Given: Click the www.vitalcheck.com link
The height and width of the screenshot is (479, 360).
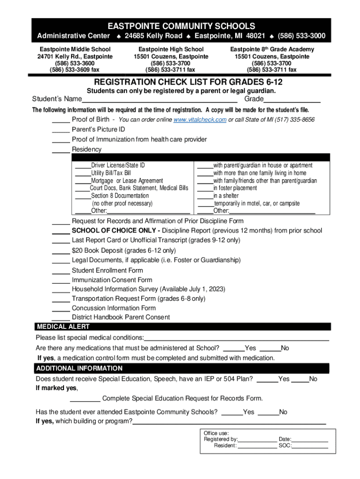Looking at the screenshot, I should pos(200,120).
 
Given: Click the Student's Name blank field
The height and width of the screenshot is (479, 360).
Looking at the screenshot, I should pos(159,100).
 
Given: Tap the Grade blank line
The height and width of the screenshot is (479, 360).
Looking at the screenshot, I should pos(292,100).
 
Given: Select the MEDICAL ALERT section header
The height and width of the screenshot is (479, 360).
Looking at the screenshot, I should pos(63,327).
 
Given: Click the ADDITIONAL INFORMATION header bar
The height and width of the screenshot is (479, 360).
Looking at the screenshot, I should pos(79,368).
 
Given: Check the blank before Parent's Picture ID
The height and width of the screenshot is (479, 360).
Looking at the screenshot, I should pos(61,130).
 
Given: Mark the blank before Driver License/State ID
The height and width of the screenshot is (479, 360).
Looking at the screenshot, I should pos(83,166).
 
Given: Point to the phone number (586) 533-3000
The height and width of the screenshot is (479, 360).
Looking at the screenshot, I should pos(302,36).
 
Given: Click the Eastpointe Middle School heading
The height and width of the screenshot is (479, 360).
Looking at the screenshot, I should pos(75,49).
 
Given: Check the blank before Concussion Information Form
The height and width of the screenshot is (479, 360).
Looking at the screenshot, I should pos(61,309).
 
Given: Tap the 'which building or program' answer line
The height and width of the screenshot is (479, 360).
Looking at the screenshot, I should pos(230,422).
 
